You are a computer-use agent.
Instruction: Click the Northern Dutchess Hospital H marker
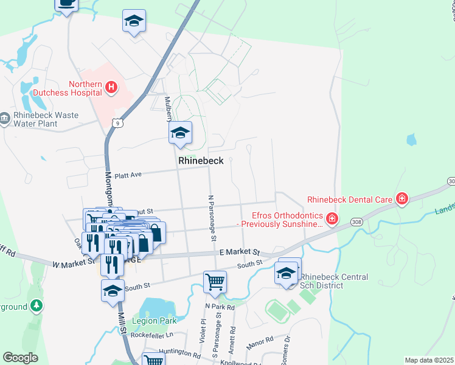pos(111,88)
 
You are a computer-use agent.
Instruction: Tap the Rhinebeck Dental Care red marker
pos(401,198)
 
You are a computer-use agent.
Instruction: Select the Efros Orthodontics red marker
pos(332,218)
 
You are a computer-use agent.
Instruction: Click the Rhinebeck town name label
pos(201,161)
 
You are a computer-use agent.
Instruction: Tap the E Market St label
pos(240,252)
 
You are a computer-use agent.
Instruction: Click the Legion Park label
pos(159,321)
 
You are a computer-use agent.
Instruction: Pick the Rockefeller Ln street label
pos(148,335)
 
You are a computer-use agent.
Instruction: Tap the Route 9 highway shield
pos(117,123)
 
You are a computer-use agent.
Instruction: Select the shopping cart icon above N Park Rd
pos(215,282)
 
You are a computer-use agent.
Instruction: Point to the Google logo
pos(20,358)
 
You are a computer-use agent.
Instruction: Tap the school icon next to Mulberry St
pos(180,133)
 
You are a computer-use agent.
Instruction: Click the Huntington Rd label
pos(179,352)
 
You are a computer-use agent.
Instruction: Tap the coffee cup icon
pos(66,4)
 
